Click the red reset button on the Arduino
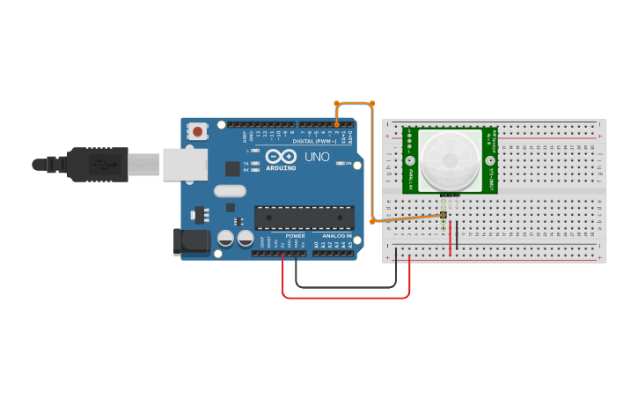click(197, 132)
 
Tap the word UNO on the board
click(316, 158)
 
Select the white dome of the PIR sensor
click(450, 159)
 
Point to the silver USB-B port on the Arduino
click(185, 165)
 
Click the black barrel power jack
click(192, 242)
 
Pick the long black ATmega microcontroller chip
click(304, 218)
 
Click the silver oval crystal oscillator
click(229, 191)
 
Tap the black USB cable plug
click(98, 164)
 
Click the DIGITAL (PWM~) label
click(316, 141)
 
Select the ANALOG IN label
click(336, 236)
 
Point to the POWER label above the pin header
click(296, 236)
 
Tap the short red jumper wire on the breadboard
click(451, 238)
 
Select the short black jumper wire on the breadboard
click(458, 235)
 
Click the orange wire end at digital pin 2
click(337, 124)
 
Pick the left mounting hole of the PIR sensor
click(410, 160)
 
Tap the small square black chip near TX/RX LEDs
click(232, 168)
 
